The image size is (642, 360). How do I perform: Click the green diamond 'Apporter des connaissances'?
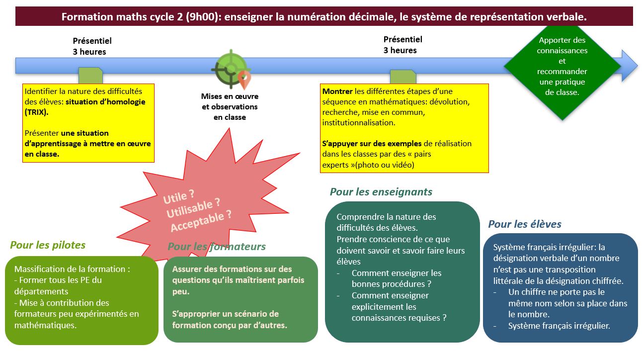tap(562, 66)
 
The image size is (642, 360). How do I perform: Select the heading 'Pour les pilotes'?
tap(48, 245)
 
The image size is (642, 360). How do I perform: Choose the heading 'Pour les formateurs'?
tap(217, 247)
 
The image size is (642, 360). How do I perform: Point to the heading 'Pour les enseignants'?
tap(381, 192)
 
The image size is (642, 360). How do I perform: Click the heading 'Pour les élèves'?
tap(524, 224)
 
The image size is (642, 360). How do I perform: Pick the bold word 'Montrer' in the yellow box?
tap(337, 91)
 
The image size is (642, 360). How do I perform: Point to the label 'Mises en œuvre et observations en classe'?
tap(230, 107)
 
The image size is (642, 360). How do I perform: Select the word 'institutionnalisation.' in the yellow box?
tap(359, 123)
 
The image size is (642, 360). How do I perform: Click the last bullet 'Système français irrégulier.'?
tap(559, 326)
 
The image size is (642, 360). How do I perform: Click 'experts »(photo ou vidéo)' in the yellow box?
tap(368, 165)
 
